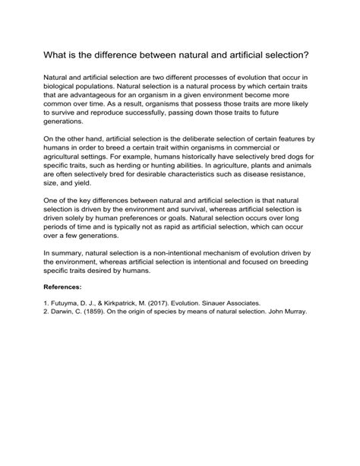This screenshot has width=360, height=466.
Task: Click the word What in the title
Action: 57,57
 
